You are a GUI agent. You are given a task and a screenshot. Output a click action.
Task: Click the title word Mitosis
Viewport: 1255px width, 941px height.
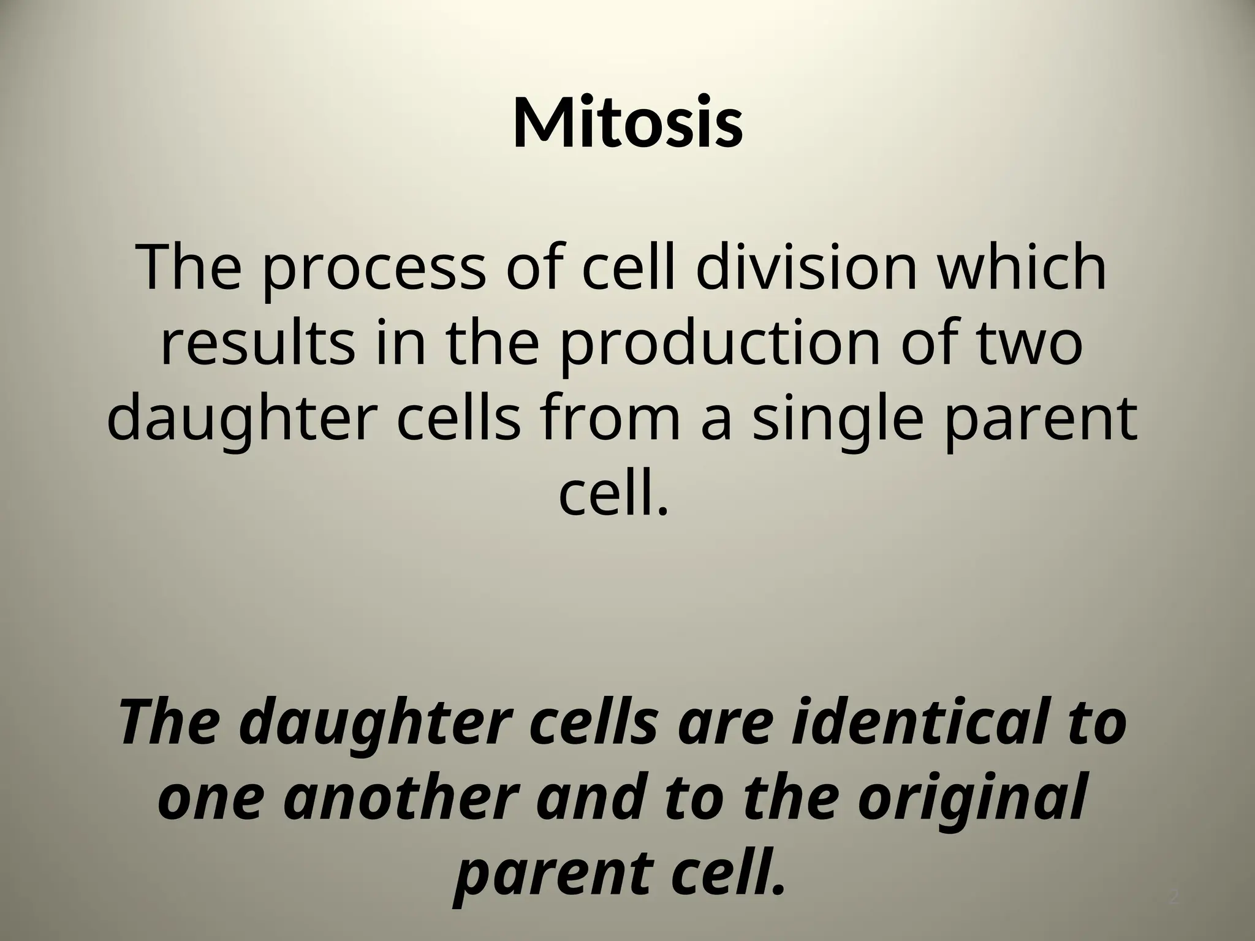click(x=627, y=123)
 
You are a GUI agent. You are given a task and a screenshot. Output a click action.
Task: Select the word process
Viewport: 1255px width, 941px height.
click(x=372, y=270)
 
